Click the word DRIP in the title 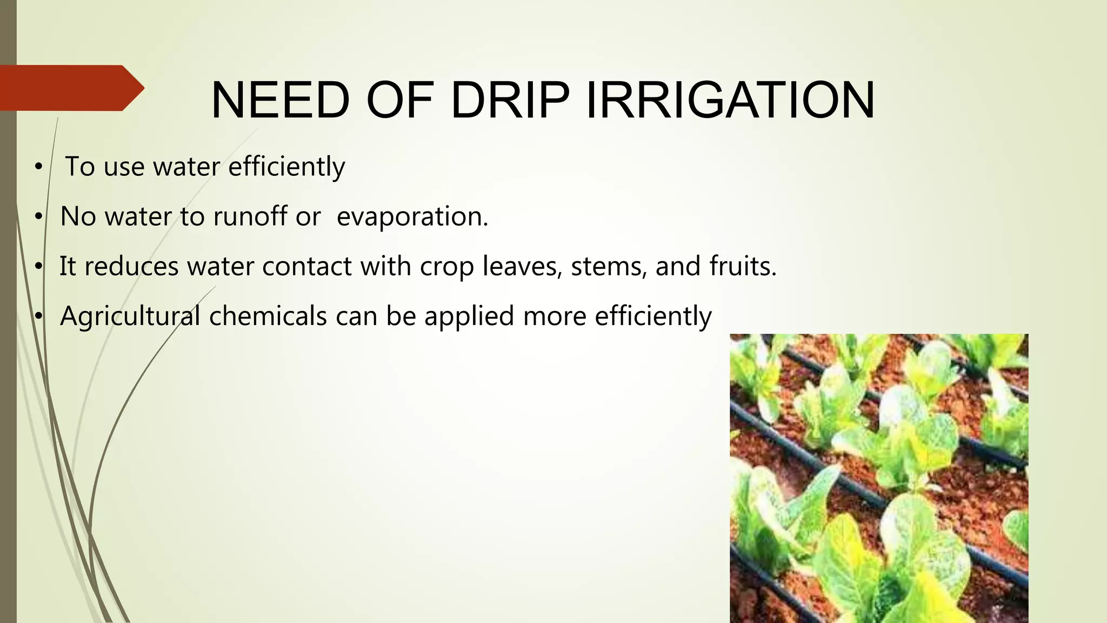509,101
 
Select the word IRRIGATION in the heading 730,101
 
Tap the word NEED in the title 280,101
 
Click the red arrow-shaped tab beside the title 70,88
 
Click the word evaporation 412,216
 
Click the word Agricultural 130,316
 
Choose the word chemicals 268,316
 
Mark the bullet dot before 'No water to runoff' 38,217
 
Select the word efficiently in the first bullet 286,167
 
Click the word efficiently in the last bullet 653,316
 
